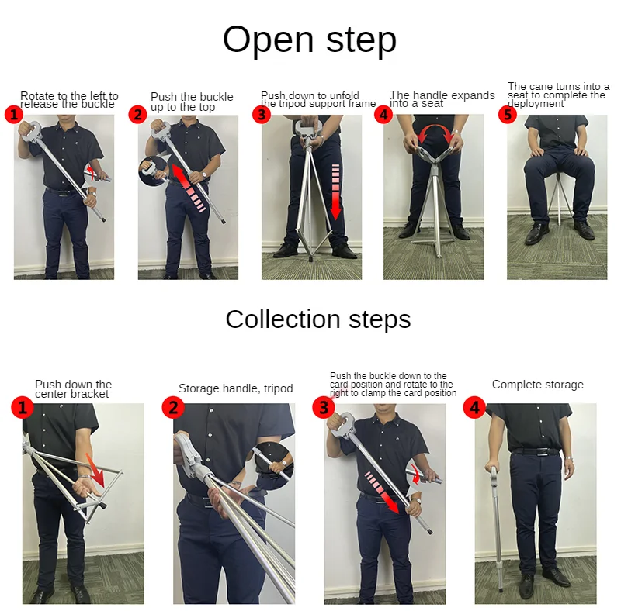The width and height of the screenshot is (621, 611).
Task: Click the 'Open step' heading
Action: click(x=309, y=40)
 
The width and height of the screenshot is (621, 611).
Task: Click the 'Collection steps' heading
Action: click(x=317, y=319)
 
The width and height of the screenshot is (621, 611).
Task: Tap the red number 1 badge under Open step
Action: click(x=13, y=116)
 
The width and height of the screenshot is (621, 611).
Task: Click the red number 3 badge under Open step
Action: click(x=262, y=116)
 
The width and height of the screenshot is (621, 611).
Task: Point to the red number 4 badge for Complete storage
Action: click(x=474, y=406)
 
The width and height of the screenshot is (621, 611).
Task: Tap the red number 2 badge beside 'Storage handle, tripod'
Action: click(x=172, y=406)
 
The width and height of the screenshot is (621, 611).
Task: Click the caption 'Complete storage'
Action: click(x=537, y=385)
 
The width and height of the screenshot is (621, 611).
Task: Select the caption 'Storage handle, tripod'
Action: click(x=235, y=388)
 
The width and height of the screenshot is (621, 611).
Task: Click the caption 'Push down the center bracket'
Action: click(x=73, y=389)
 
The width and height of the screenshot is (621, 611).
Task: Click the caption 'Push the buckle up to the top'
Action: click(x=191, y=102)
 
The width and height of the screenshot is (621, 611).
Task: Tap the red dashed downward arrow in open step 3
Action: click(x=335, y=191)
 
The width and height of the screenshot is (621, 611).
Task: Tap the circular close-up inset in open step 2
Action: click(x=154, y=170)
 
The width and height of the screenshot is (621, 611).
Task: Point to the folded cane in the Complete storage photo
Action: click(x=494, y=520)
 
